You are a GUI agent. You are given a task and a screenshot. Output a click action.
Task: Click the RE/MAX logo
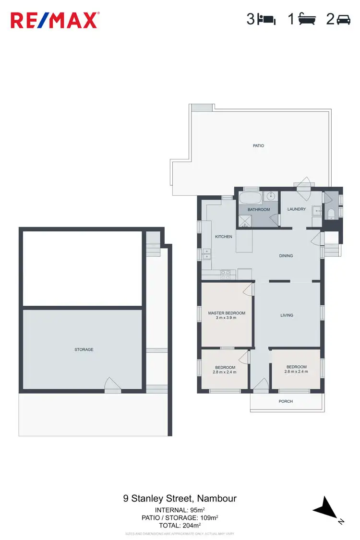tap(55, 20)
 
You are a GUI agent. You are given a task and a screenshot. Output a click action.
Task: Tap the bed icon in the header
tap(266, 20)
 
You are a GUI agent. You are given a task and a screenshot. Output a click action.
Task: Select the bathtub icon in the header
tap(307, 20)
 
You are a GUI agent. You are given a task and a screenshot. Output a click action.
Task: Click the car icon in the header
tap(344, 20)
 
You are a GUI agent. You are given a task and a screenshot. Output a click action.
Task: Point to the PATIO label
tap(258, 145)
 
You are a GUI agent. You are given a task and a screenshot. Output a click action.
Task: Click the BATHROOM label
tap(259, 210)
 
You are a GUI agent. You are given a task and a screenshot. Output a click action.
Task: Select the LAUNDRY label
tap(297, 209)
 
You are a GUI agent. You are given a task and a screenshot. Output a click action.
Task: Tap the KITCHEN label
tap(224, 237)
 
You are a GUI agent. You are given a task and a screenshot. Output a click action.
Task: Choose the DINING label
tap(286, 256)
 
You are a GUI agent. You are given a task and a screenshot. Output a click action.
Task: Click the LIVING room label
tap(287, 315)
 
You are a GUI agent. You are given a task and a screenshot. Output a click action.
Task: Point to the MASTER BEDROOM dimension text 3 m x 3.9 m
tap(227, 318)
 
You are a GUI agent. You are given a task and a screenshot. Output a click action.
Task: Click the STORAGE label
tap(84, 349)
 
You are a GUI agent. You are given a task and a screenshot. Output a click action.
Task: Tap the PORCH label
tap(286, 401)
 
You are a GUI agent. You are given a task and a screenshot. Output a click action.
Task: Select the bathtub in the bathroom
tap(251, 198)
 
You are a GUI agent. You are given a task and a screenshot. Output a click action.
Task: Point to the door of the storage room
tap(113, 385)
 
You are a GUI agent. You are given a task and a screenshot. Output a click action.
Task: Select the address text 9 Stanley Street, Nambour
tap(180, 499)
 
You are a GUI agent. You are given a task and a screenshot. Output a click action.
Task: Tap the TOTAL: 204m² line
tap(180, 526)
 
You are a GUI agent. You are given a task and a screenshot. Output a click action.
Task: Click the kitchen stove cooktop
tap(225, 275)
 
